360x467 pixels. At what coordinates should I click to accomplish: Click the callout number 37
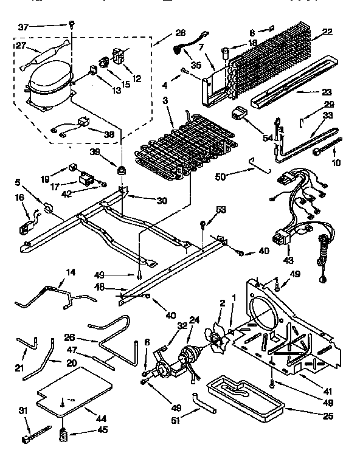23,27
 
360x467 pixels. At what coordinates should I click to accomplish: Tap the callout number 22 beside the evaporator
327,33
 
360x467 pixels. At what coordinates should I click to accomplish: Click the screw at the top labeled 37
71,24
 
